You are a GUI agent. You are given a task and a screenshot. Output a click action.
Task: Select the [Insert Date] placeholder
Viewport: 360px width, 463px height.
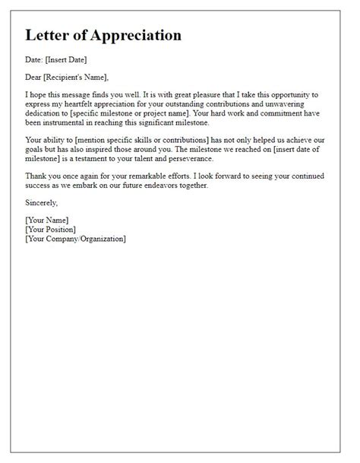click(x=74, y=59)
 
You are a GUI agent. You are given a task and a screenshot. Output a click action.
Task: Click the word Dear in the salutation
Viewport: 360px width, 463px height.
click(x=35, y=76)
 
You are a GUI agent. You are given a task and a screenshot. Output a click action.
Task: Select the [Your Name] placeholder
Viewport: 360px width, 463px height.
click(x=49, y=220)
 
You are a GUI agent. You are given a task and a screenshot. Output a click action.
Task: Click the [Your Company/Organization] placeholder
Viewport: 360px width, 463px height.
click(x=76, y=239)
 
